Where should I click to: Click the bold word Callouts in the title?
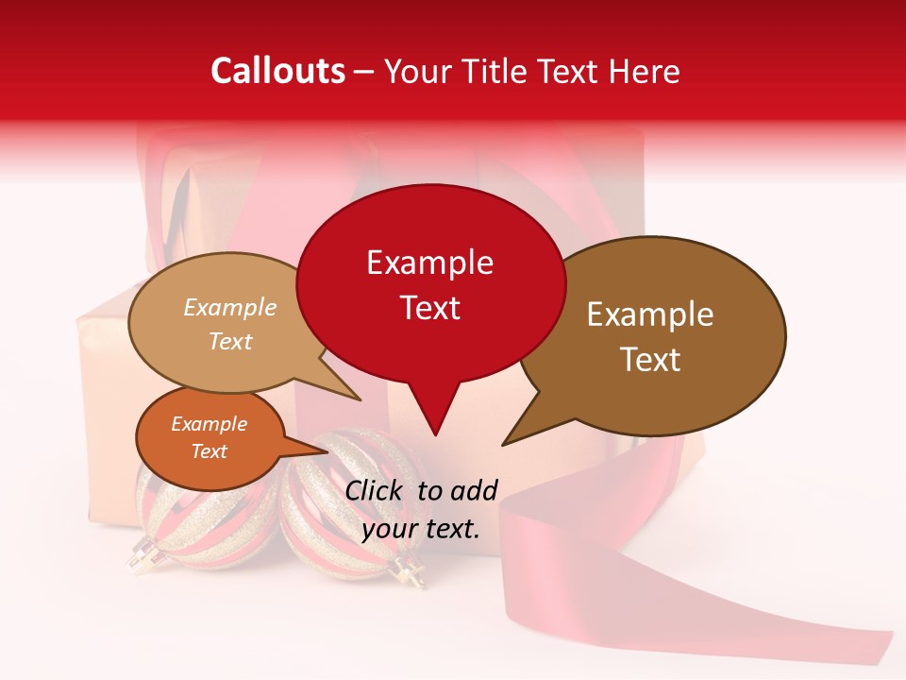[277, 71]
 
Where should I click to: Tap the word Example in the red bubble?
[429, 263]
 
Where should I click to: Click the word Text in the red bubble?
[429, 308]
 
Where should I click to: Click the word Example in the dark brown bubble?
[650, 314]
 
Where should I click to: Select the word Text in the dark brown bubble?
[650, 360]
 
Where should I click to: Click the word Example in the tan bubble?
[229, 308]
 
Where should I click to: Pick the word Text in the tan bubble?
[229, 341]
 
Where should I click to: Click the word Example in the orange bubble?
[209, 424]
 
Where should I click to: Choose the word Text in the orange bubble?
[209, 451]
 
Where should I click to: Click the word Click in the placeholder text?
[375, 490]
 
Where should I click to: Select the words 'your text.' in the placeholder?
[421, 529]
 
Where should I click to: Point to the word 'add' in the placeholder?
[475, 490]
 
